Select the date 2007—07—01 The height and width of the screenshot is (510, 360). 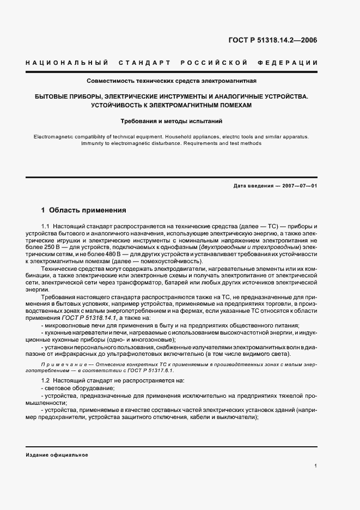click(298, 186)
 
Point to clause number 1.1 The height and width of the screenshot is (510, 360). click(46, 226)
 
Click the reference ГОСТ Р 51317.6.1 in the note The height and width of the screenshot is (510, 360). click(150, 369)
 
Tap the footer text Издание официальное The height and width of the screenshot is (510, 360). click(57, 454)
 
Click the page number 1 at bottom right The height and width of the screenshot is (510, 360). click(316, 466)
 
